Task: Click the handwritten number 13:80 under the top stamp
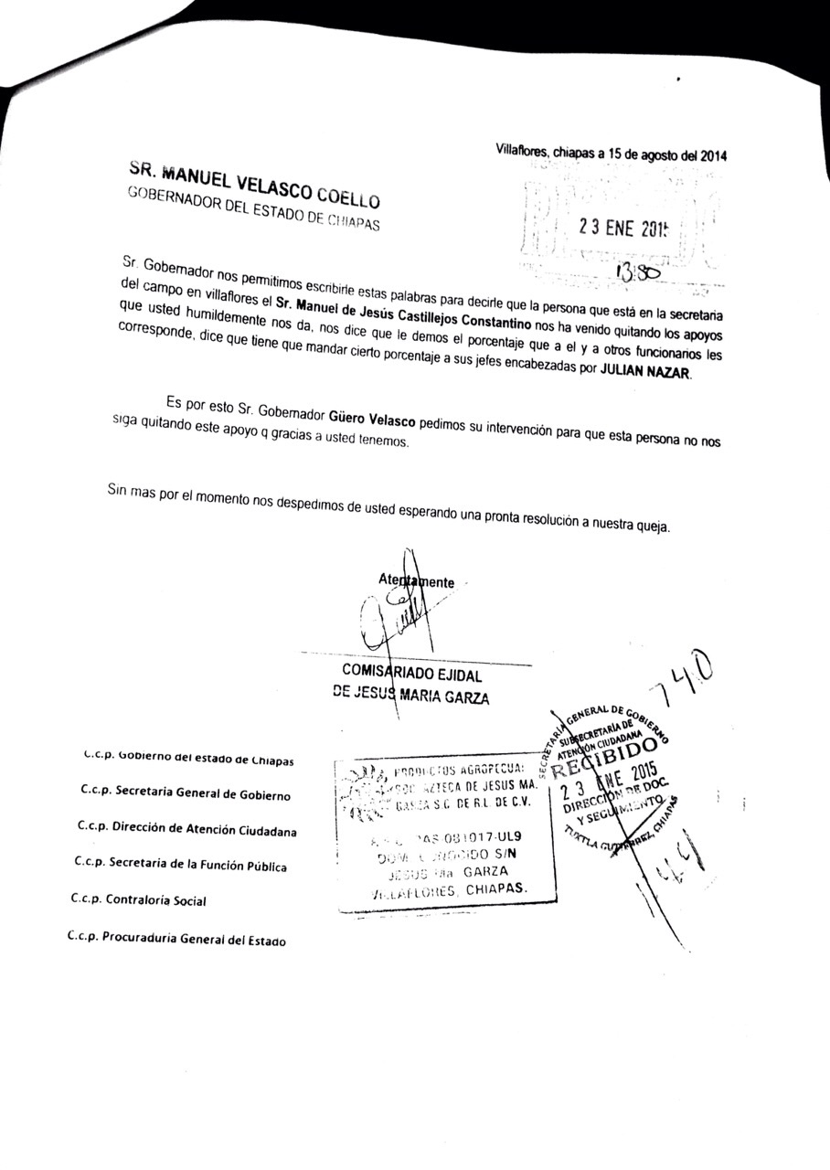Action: pyautogui.click(x=637, y=272)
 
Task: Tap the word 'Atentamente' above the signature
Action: pyautogui.click(x=416, y=581)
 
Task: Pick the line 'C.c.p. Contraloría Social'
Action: pyautogui.click(x=138, y=899)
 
